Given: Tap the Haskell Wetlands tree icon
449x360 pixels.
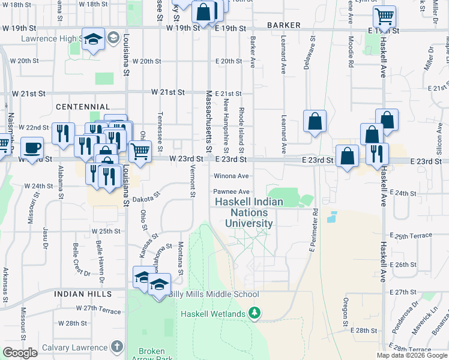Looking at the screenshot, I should (x=255, y=313).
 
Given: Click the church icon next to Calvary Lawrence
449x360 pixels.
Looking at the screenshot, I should (x=116, y=347).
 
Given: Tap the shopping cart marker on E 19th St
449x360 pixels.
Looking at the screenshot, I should (x=384, y=16).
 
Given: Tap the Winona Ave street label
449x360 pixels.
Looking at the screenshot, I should (x=231, y=176).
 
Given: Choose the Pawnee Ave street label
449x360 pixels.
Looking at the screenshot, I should (x=231, y=191).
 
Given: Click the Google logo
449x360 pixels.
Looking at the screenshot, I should (x=20, y=353).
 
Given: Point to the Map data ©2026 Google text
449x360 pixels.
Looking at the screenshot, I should (x=412, y=355).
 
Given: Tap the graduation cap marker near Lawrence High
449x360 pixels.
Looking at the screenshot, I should (x=93, y=40).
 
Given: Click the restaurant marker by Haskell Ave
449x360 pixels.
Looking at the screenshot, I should (x=377, y=154).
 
